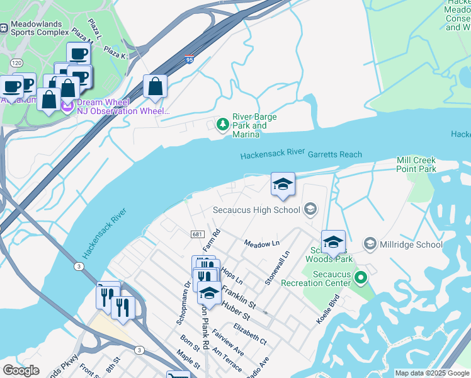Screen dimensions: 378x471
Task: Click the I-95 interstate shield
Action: click(x=190, y=60)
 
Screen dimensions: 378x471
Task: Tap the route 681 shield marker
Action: click(x=196, y=234)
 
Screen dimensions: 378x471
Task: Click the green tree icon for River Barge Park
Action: click(x=222, y=125)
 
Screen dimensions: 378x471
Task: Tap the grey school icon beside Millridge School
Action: click(x=370, y=243)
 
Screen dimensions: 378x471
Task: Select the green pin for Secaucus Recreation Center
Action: click(x=360, y=277)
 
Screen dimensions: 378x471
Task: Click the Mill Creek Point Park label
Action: click(x=416, y=165)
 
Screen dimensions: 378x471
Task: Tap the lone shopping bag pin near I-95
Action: click(x=155, y=86)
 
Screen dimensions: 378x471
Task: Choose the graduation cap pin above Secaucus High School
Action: click(x=283, y=184)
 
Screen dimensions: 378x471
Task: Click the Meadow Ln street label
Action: click(x=261, y=243)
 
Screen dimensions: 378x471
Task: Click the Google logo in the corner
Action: click(x=21, y=370)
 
